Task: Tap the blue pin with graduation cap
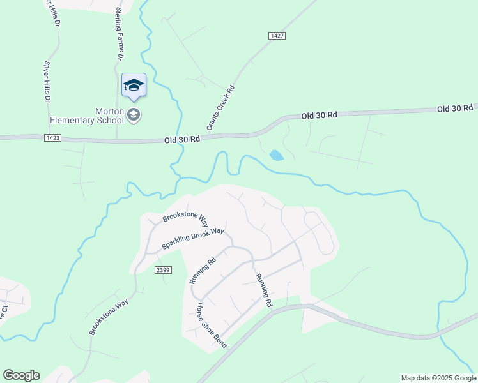134,86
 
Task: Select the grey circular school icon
134,115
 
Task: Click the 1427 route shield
277,36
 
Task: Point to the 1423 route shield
53,138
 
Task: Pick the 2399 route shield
163,270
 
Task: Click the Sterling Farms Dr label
119,34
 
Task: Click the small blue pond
276,155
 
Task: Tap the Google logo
21,375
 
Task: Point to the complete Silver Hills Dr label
46,82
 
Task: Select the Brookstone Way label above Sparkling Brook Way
185,217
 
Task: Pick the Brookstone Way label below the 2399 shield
109,316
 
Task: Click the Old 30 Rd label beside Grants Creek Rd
182,139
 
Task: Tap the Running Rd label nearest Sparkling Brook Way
203,271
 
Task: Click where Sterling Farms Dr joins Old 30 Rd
116,139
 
